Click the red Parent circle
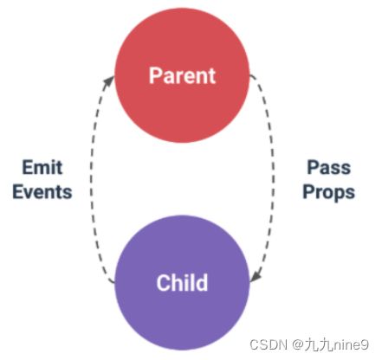182,75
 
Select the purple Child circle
182,283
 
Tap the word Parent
182,76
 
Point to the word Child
182,282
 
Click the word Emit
42,167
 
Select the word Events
42,192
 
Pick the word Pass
329,167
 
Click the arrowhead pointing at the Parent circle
109,80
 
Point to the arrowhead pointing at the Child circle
256,276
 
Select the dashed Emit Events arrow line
91,179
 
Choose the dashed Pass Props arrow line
273,179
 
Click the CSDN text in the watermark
269,344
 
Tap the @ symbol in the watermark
298,344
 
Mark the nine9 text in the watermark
351,344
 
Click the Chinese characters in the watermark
319,344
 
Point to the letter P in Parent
155,76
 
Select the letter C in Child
163,283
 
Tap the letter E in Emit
27,167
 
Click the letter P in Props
308,191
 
